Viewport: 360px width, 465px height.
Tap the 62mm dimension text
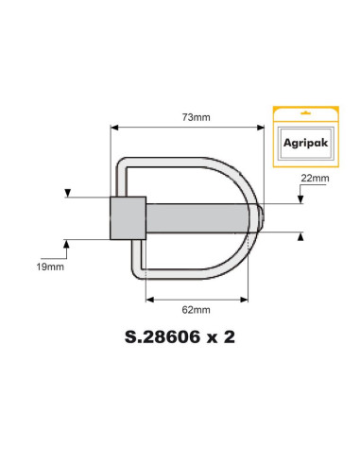(x=197, y=309)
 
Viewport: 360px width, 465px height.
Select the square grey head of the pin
(x=128, y=218)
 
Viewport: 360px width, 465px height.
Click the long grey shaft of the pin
(x=198, y=218)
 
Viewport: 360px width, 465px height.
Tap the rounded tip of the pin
(x=262, y=218)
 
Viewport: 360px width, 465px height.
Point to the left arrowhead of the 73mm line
(x=113, y=126)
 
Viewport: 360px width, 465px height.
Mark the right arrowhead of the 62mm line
(x=249, y=298)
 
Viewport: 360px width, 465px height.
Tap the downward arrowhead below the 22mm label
(x=300, y=200)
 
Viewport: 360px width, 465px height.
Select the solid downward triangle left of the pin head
(x=67, y=196)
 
